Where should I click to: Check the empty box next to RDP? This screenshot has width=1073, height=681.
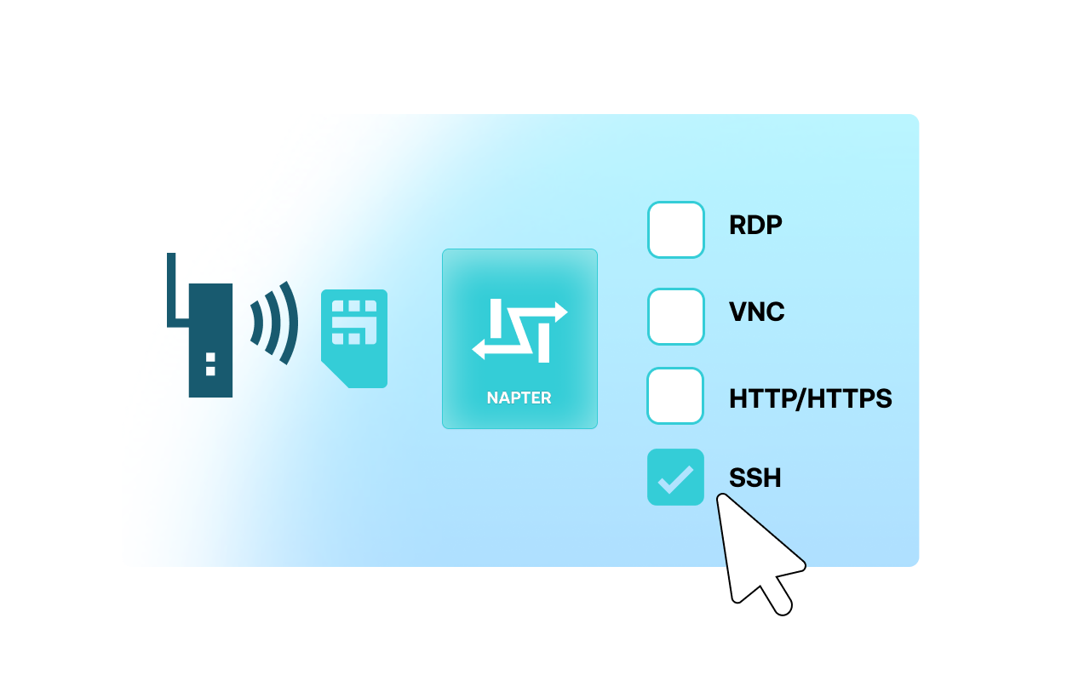pos(676,230)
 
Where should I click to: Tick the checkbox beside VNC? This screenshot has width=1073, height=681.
pos(676,317)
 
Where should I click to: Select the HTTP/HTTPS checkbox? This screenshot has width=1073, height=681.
pos(676,396)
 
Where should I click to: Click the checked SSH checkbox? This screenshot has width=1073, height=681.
pos(676,478)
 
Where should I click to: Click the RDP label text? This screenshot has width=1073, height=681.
pos(755,226)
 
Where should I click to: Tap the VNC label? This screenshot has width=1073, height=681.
pos(757,312)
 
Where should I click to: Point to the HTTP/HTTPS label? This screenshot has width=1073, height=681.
pos(810,398)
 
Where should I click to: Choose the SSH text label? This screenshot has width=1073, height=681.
pos(755,478)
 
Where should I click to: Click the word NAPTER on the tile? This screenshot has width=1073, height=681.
pos(519,398)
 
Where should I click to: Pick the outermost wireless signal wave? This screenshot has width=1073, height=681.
pos(290,323)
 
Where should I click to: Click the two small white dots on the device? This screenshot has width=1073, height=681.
pos(210,363)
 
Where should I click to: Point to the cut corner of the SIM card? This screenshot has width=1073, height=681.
pos(333,375)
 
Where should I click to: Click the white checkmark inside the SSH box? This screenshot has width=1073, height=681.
pos(675,479)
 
